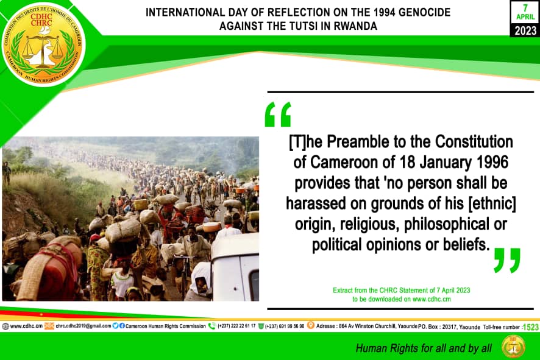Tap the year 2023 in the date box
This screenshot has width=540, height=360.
point(525,30)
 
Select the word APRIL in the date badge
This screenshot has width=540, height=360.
point(525,17)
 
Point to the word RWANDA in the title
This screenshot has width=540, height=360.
point(355,26)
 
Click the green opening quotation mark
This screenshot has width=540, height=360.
point(278,114)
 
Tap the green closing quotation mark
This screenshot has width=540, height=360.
point(506,260)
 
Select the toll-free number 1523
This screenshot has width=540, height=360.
point(530,326)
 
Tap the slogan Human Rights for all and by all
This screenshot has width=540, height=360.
point(424,348)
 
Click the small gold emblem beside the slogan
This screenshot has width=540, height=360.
point(513,347)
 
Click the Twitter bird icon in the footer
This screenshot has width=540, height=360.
point(116,326)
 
